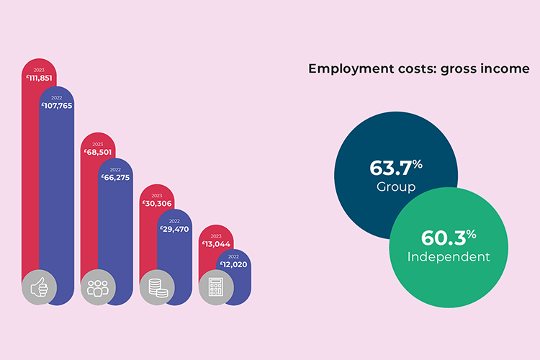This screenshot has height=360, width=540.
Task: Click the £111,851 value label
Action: click(x=39, y=78)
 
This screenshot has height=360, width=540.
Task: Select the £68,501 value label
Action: click(x=97, y=152)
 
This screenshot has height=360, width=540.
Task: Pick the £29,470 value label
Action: click(x=174, y=229)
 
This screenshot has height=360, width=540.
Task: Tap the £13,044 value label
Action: click(x=215, y=243)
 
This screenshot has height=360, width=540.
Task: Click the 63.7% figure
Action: click(x=395, y=168)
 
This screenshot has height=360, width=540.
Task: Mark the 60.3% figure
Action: click(x=450, y=237)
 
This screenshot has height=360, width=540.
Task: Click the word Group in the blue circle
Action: click(x=396, y=187)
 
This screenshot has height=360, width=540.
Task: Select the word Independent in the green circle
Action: click(x=449, y=256)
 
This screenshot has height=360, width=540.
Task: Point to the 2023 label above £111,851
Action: click(x=39, y=70)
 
